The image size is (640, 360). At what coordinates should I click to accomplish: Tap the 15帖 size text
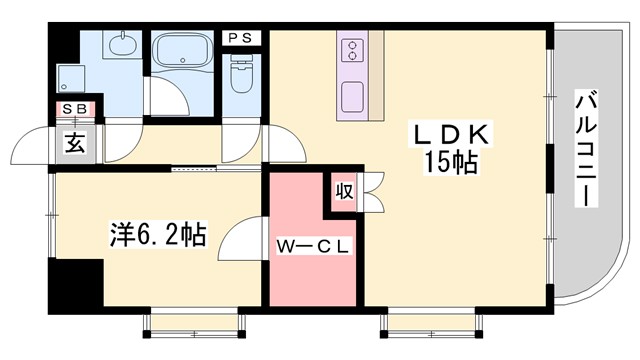[446, 163]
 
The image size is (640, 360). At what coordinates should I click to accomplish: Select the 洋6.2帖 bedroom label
[158, 236]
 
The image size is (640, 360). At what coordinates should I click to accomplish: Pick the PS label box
[240, 38]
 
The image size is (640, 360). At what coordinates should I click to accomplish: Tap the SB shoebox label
[74, 108]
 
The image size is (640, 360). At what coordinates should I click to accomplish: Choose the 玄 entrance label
[75, 141]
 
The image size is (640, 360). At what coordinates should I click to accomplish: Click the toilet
[240, 73]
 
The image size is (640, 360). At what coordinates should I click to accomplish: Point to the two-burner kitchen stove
[352, 51]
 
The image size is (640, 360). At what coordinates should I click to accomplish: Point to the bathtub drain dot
[160, 45]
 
